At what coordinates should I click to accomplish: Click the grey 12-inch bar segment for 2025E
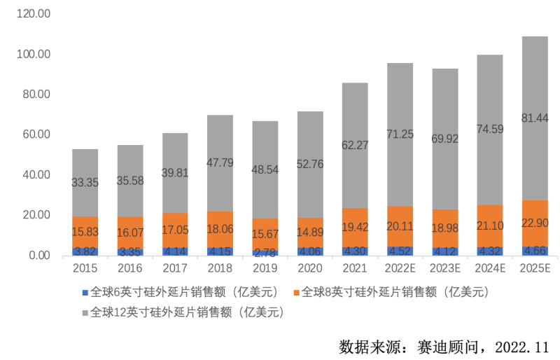pos(535,91)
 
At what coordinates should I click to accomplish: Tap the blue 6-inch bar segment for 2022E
pos(400,251)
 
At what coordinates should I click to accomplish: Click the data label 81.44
pos(535,118)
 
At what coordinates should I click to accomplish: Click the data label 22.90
pos(535,223)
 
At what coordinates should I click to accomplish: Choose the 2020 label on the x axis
pos(309,269)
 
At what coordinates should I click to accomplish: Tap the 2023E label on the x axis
pos(444,269)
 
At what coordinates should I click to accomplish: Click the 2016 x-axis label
pos(130,269)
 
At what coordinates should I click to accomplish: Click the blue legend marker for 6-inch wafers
pos(85,291)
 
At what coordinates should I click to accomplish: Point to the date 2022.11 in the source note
pos(522,347)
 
